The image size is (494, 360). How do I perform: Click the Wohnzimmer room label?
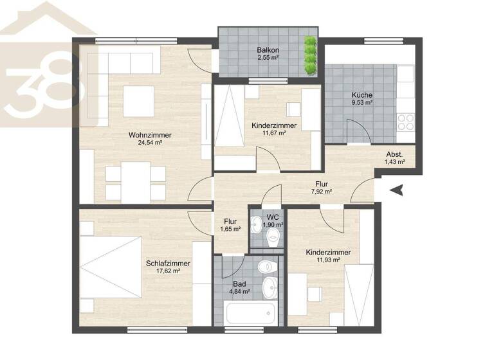click(x=149, y=135)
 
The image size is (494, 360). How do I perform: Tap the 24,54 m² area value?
click(x=149, y=143)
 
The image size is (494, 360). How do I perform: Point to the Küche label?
click(x=362, y=95)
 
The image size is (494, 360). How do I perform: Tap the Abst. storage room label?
click(x=395, y=154)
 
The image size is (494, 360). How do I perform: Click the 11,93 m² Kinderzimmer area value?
click(x=328, y=260)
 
